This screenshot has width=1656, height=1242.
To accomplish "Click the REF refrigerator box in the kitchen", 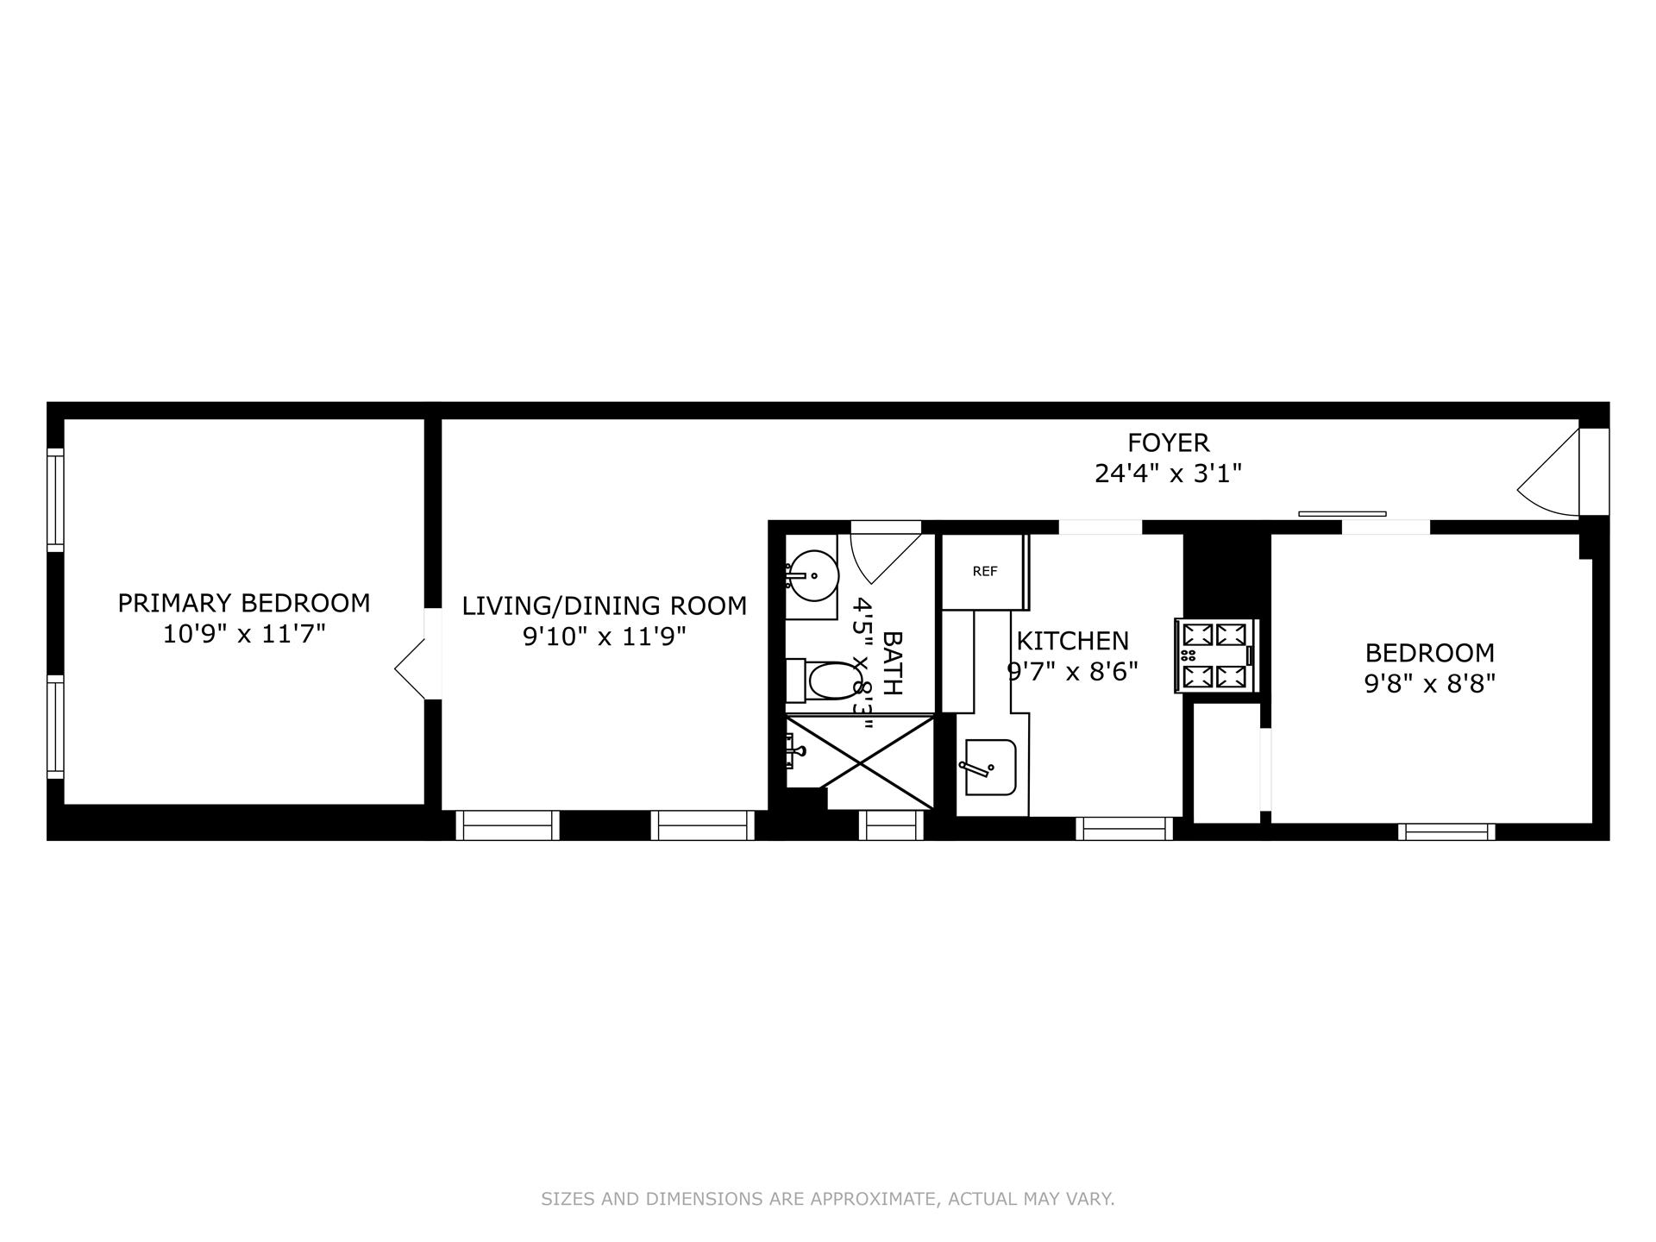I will (x=983, y=572).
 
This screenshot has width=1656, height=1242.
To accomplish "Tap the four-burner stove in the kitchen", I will (x=1215, y=655).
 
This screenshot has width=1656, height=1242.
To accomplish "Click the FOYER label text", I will (x=1168, y=442).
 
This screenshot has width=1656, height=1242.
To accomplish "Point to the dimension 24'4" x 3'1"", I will (x=1168, y=474).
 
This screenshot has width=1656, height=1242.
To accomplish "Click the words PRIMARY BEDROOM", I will (x=244, y=603).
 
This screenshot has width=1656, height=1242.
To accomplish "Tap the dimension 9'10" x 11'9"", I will (x=604, y=637).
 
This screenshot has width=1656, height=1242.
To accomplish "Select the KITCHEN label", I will (x=1072, y=641).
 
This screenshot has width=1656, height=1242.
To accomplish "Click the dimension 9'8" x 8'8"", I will (x=1428, y=684).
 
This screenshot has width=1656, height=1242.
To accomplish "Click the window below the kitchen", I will (x=1124, y=829).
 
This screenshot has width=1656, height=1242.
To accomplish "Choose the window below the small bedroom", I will (x=1446, y=831).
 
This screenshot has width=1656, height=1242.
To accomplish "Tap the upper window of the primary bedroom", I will (x=55, y=499).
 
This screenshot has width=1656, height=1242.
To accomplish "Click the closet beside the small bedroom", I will (x=1226, y=762).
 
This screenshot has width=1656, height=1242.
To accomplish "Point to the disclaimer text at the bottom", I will (x=827, y=1199).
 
